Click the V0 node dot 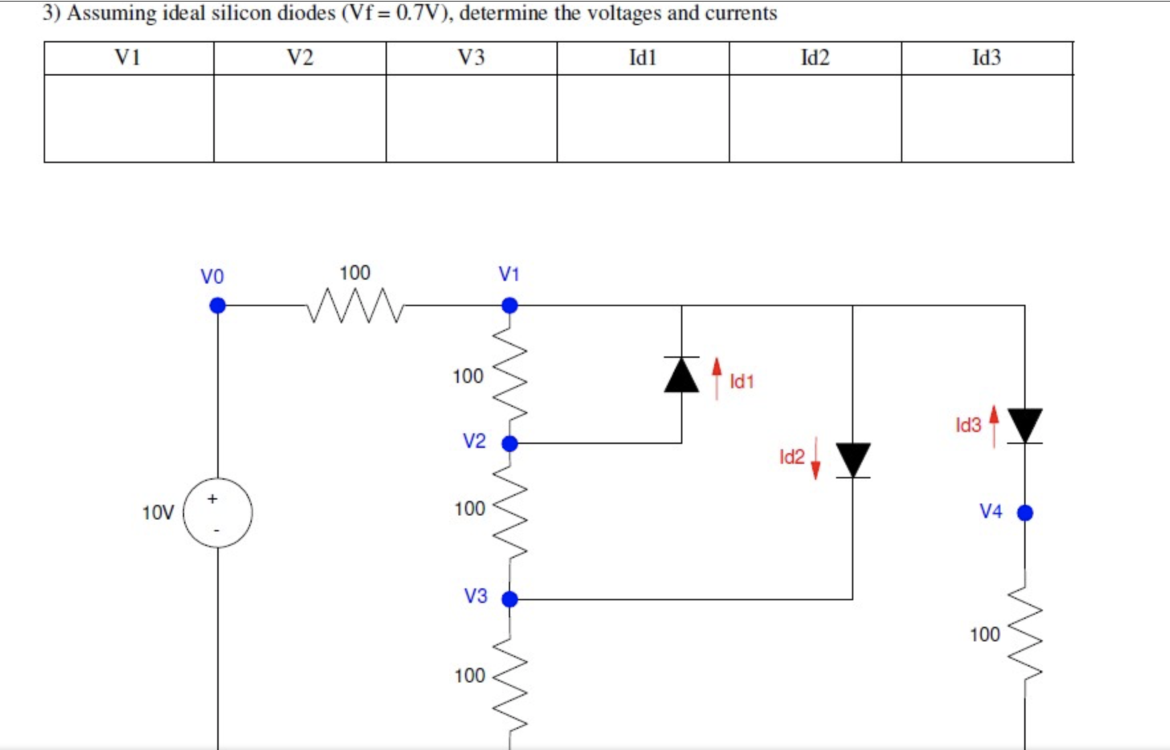tap(217, 305)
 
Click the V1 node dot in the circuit tap(509, 305)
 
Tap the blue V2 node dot tap(509, 443)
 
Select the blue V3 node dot tap(509, 599)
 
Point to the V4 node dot tap(1025, 512)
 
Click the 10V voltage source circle tap(217, 512)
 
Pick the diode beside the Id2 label tap(853, 460)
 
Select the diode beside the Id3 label tap(1025, 425)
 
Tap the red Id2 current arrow tap(816, 458)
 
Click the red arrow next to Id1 tap(716, 378)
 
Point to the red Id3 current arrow tap(994, 426)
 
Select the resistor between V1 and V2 tap(509, 374)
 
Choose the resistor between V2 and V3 tap(509, 510)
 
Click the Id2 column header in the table tap(815, 58)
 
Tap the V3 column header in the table tap(471, 58)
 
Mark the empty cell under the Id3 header tap(986, 118)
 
